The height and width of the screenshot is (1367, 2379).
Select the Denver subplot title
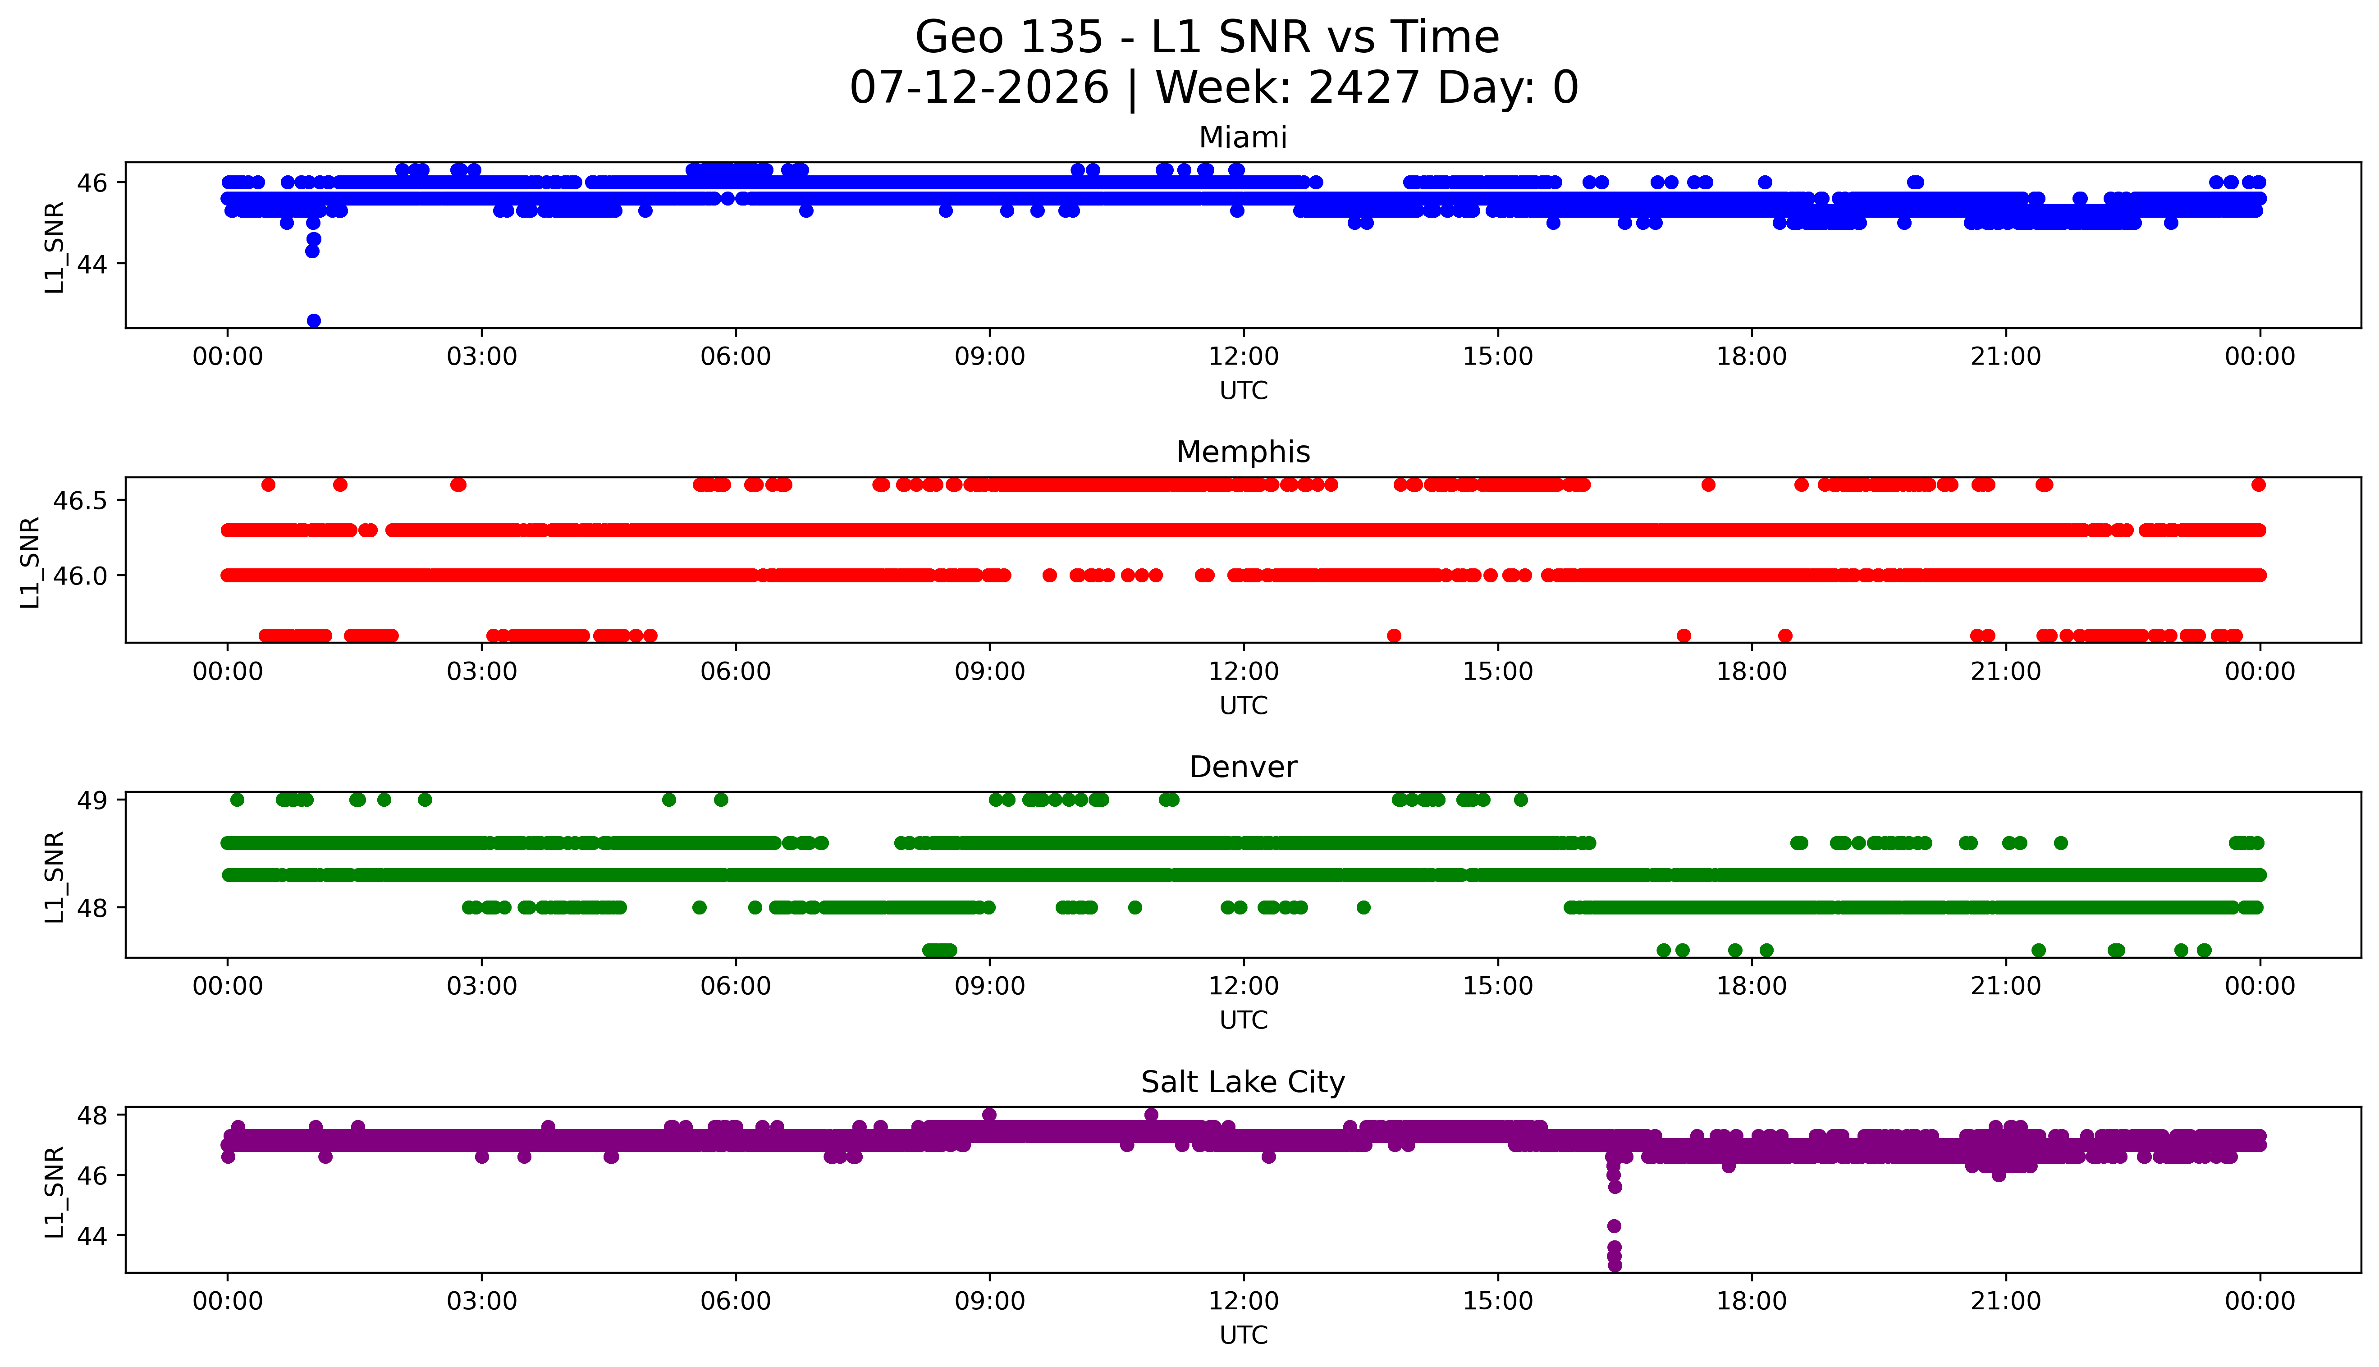[1242, 767]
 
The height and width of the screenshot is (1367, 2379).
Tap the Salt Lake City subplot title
[1242, 1083]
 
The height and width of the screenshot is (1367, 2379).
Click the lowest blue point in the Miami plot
[314, 320]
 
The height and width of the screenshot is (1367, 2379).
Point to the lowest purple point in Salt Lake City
[1614, 1265]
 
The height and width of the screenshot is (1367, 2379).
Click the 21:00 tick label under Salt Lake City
[2005, 1301]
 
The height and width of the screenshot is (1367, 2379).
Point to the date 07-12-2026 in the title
[979, 88]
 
